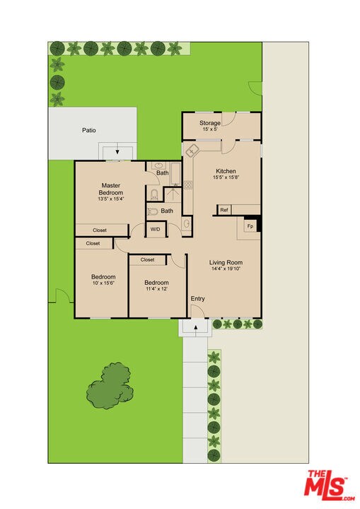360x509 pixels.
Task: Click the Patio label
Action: click(88, 130)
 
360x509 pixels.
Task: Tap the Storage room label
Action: click(209, 124)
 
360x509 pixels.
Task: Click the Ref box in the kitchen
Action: click(224, 210)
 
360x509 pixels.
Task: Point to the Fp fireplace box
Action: click(250, 226)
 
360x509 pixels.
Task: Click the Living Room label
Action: click(226, 262)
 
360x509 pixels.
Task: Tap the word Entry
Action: click(198, 299)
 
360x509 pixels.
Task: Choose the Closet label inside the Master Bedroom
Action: click(100, 230)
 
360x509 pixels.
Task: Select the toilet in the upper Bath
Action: click(154, 194)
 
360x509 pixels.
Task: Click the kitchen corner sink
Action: click(192, 151)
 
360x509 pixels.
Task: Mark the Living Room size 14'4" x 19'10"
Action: click(226, 269)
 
